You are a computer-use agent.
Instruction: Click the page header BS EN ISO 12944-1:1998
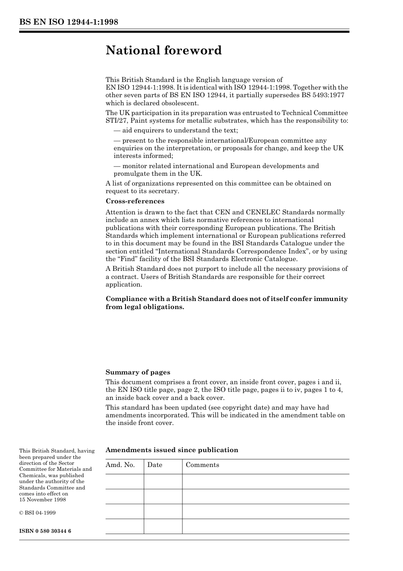coord(68,22)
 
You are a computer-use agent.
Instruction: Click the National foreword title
coord(164,51)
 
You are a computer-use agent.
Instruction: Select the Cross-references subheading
coord(135,201)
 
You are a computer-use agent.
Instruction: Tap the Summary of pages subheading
coord(138,372)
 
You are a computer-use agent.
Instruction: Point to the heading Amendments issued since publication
coord(172,450)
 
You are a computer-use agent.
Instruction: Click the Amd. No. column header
coord(120,465)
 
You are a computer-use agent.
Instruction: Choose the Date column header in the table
coord(155,465)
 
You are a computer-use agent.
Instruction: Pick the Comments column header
coord(202,465)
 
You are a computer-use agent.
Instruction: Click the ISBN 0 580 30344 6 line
coord(45,531)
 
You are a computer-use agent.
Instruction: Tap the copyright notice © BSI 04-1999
coord(37,513)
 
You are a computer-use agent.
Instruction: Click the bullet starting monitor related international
coord(216,166)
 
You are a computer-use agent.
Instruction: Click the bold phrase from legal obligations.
coord(145,307)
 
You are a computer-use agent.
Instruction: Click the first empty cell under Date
coord(163,481)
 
